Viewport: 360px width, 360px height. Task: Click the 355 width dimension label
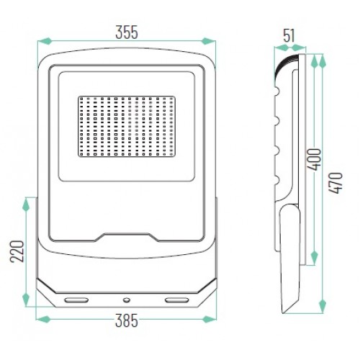coord(127,32)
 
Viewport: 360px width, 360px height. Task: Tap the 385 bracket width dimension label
coord(127,320)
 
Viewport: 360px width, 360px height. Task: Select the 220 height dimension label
coord(17,251)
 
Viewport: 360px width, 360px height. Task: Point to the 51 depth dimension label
coord(289,36)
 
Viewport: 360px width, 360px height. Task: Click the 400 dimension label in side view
coord(314,160)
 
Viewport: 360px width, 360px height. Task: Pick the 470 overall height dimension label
coord(336,183)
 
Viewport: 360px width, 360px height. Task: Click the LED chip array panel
coord(127,127)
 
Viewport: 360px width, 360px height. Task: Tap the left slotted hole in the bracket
coord(76,300)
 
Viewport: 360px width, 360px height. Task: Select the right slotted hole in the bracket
coord(177,300)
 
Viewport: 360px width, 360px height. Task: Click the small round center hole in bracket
coord(127,300)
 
